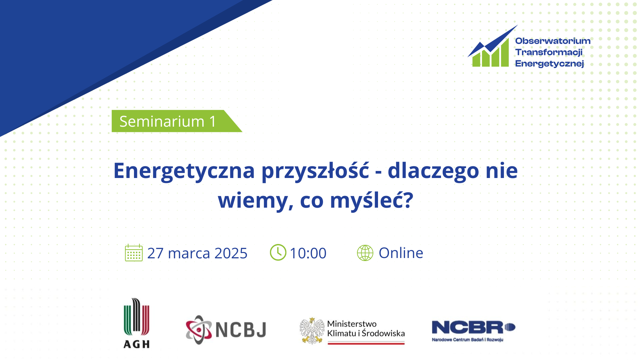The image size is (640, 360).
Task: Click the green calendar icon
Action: click(x=134, y=253)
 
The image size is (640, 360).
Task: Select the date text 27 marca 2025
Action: click(x=197, y=253)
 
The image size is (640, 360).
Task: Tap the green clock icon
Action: click(x=278, y=252)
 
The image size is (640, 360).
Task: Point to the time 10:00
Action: click(x=308, y=253)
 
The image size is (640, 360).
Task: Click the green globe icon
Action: click(x=365, y=253)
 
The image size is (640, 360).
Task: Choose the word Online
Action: click(x=401, y=253)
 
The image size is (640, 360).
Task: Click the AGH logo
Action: click(x=137, y=323)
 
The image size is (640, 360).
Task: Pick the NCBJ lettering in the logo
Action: click(x=241, y=330)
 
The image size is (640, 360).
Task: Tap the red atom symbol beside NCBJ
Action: click(x=199, y=330)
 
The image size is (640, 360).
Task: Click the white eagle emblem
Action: click(x=312, y=331)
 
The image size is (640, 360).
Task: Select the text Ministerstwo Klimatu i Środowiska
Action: click(x=366, y=329)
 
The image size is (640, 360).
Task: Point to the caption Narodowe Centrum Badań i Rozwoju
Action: click(x=468, y=340)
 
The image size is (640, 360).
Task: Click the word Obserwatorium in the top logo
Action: click(x=553, y=41)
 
